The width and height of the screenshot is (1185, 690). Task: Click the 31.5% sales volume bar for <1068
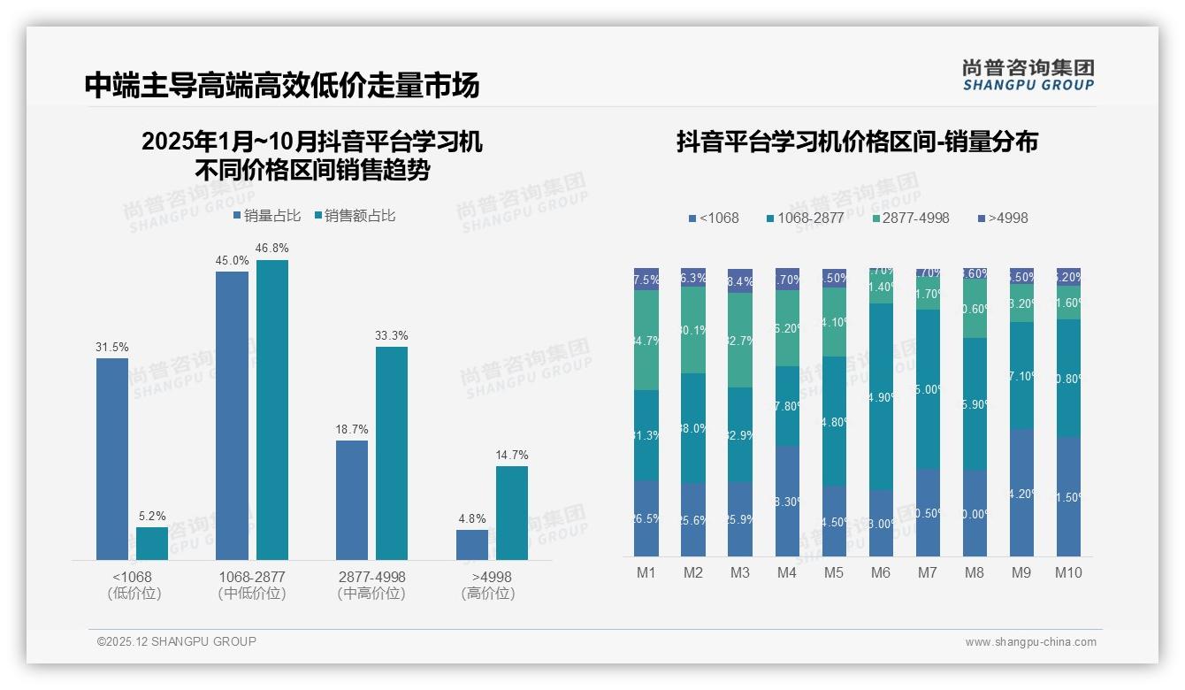tap(112, 458)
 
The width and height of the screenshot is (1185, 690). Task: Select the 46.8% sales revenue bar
tap(272, 410)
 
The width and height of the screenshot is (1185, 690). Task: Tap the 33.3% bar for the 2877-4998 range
tap(392, 453)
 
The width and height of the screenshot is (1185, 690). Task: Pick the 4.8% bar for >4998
tap(472, 545)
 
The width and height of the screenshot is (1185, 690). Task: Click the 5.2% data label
tap(152, 516)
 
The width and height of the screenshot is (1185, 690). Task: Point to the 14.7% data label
tap(512, 455)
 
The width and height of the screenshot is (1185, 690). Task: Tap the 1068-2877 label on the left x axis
tap(252, 577)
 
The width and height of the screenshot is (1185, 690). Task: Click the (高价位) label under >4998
tap(487, 594)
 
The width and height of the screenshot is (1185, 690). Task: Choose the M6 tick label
tap(881, 572)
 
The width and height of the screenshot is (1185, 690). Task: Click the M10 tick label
tap(1068, 572)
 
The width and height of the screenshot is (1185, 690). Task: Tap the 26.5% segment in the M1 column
tap(646, 518)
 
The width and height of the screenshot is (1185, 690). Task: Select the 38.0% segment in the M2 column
tap(693, 428)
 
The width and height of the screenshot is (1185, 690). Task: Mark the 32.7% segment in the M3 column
tap(740, 340)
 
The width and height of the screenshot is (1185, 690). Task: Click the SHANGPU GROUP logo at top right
tap(1028, 75)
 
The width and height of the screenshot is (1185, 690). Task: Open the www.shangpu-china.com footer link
tap(1030, 642)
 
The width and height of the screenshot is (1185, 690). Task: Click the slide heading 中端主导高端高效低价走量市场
tap(282, 86)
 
